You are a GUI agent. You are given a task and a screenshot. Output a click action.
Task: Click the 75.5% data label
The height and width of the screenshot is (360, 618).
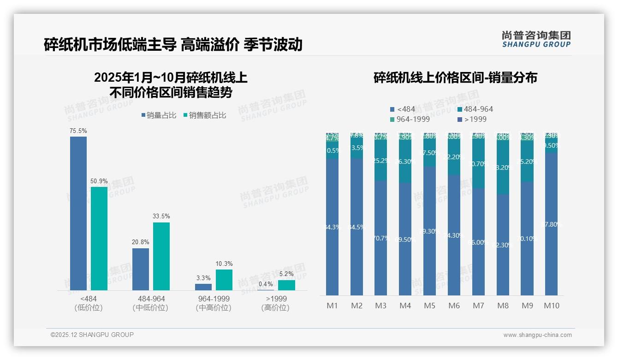click(x=78, y=131)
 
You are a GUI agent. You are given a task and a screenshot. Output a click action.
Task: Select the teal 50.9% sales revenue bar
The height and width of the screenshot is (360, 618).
click(x=99, y=238)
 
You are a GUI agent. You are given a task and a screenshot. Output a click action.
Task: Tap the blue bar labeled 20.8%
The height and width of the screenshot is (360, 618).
click(x=141, y=269)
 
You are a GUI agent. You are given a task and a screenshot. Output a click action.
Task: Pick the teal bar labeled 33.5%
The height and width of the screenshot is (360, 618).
click(x=161, y=256)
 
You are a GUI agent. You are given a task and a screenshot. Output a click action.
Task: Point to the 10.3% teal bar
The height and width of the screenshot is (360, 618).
click(x=224, y=280)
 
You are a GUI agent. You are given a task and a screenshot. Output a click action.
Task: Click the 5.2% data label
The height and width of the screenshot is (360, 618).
click(x=286, y=274)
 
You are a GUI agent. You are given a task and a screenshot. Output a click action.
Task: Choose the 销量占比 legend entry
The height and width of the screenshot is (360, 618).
click(x=159, y=115)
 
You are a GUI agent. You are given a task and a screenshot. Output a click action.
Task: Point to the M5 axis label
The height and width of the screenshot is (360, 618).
click(x=429, y=306)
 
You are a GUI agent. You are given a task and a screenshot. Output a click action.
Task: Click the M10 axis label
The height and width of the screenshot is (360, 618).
click(x=551, y=306)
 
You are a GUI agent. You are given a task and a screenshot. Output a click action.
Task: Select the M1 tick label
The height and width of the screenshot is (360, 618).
click(x=332, y=306)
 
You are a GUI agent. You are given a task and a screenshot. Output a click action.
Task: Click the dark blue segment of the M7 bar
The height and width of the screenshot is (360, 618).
click(x=478, y=241)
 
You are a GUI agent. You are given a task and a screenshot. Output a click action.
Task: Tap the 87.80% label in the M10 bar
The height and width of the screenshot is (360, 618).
click(x=551, y=224)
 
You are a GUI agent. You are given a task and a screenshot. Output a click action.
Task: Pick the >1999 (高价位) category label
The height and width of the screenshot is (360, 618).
click(x=275, y=303)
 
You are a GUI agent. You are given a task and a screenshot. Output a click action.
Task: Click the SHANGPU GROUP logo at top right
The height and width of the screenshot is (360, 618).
click(x=536, y=39)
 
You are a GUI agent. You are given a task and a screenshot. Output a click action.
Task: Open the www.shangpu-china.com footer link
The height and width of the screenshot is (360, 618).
click(x=537, y=335)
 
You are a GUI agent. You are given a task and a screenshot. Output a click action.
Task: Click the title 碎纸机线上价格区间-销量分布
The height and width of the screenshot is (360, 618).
click(x=455, y=78)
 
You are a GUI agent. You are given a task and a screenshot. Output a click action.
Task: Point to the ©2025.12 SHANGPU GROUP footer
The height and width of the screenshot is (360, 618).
click(x=92, y=335)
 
